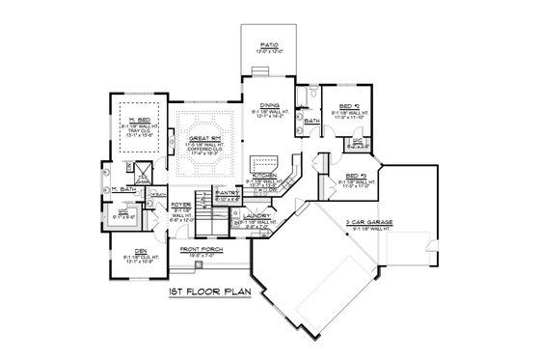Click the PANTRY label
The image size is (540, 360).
pos(227,192)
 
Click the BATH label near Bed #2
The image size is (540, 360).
pos(311,122)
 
